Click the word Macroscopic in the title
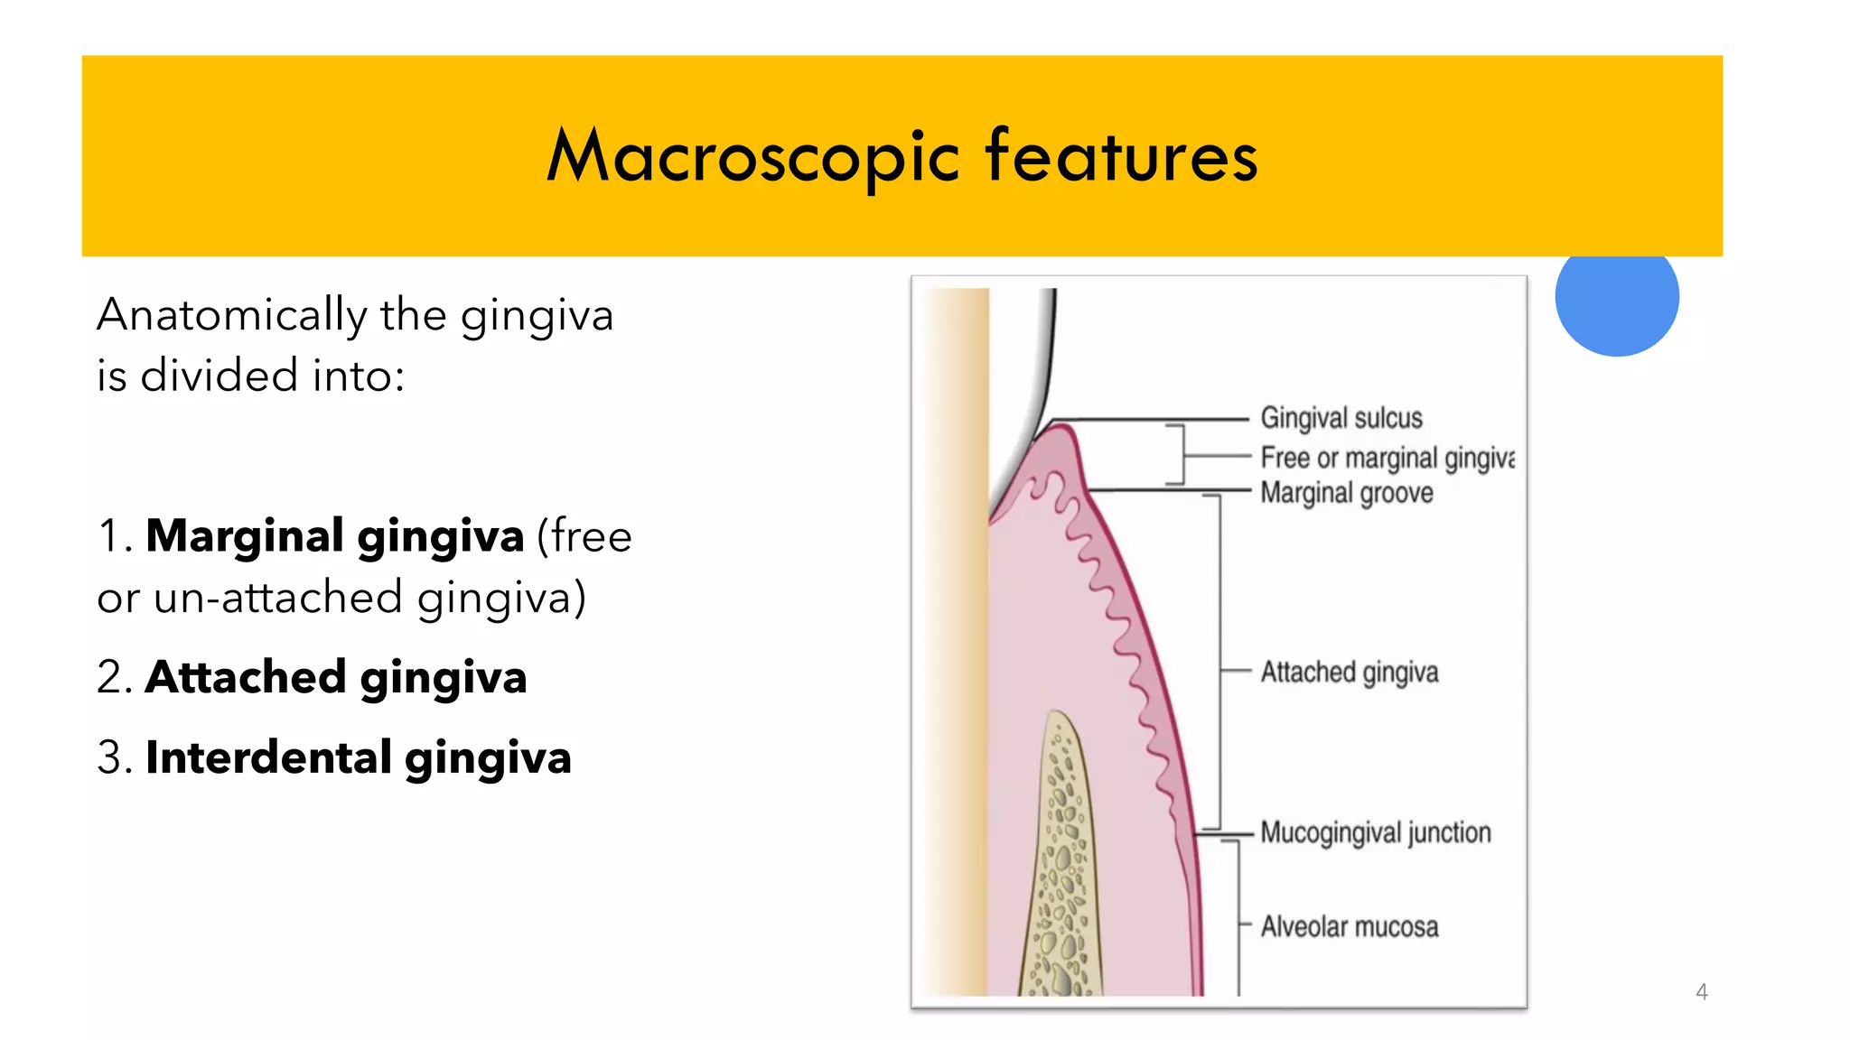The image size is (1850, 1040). (752, 157)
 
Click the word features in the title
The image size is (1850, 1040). (1121, 157)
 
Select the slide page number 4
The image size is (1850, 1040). (1702, 992)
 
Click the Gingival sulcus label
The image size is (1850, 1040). (1341, 418)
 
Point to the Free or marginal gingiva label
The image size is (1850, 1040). (1387, 458)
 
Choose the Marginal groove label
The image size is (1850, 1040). (1347, 493)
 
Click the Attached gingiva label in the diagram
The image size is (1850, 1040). (1350, 672)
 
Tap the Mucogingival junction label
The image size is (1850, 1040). (1376, 832)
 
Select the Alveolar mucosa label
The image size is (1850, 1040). (1350, 927)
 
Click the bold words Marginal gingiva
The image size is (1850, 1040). (335, 536)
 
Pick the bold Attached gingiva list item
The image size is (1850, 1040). (336, 677)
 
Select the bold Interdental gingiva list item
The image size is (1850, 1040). (359, 757)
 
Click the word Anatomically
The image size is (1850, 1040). (232, 316)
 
